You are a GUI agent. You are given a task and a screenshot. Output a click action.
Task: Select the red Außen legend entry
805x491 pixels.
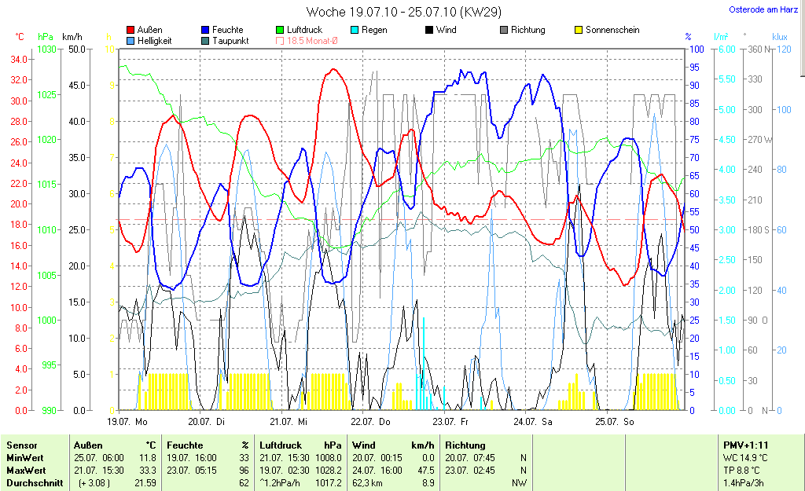[145, 30]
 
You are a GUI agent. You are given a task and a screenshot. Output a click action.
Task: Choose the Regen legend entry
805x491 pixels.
[372, 30]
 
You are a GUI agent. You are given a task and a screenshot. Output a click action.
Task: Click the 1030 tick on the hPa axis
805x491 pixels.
[46, 49]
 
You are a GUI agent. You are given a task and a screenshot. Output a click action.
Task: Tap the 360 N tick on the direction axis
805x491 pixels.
[758, 49]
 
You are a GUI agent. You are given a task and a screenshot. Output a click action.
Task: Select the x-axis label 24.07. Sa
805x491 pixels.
[532, 422]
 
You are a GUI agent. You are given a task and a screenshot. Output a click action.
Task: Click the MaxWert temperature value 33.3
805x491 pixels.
[148, 470]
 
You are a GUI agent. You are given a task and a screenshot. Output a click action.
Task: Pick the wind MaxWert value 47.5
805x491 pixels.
[426, 470]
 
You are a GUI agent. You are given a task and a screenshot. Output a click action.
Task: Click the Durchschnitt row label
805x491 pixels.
[34, 483]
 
